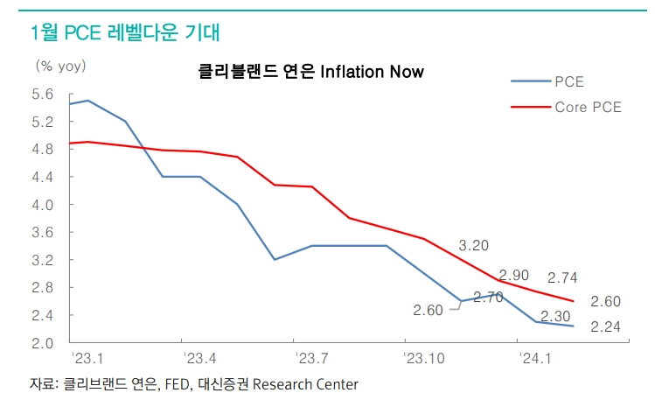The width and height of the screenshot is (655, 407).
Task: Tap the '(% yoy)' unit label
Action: click(60, 65)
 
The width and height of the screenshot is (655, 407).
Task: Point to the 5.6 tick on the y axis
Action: click(43, 95)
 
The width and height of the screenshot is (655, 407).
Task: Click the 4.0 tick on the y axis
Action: click(43, 205)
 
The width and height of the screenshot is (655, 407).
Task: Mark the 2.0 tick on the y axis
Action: click(43, 342)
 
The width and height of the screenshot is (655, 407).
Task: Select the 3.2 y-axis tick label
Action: click(43, 260)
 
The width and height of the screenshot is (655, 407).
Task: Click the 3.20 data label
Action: click(473, 245)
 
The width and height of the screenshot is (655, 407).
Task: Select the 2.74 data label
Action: click(563, 278)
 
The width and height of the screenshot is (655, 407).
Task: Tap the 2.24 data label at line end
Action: click(606, 327)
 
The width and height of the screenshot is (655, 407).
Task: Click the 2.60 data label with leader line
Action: click(429, 310)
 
